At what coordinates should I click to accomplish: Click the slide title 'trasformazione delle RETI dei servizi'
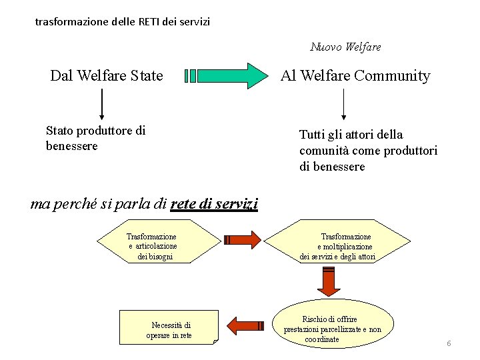click(x=122, y=21)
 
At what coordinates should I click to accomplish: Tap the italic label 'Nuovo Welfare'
click(x=345, y=47)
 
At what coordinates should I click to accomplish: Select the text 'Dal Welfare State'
click(x=107, y=75)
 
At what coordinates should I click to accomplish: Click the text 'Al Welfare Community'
click(x=355, y=75)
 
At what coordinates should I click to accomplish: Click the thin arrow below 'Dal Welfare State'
click(x=102, y=103)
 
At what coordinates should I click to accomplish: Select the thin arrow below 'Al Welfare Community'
click(x=343, y=103)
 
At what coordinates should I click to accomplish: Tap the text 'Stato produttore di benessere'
click(x=95, y=138)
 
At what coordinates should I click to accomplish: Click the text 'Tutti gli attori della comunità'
click(x=368, y=151)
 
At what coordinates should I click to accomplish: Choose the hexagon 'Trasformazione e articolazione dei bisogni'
click(x=153, y=246)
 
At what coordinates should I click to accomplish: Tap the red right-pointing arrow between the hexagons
click(x=243, y=240)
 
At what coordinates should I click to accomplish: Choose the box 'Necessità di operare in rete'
click(x=169, y=329)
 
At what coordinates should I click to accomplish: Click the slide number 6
click(x=449, y=343)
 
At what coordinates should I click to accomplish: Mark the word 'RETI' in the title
click(x=150, y=21)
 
